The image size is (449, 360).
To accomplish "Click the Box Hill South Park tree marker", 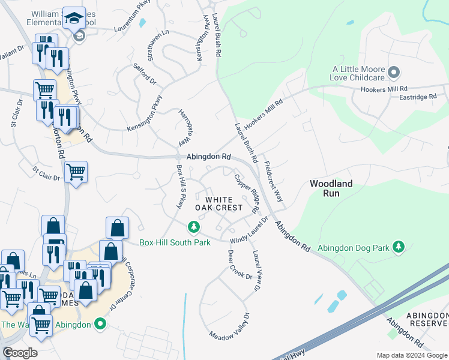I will click(x=193, y=227).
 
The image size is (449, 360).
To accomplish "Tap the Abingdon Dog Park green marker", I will click(x=398, y=247).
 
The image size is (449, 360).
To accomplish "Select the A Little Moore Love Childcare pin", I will click(x=394, y=73).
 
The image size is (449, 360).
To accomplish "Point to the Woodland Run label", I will click(x=331, y=188).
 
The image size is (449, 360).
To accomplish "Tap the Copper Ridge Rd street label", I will click(x=247, y=194).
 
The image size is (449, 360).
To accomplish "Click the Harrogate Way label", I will click(x=184, y=128).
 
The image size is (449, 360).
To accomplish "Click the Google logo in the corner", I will click(x=20, y=352).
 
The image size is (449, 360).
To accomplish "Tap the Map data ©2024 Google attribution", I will click(x=411, y=355).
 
